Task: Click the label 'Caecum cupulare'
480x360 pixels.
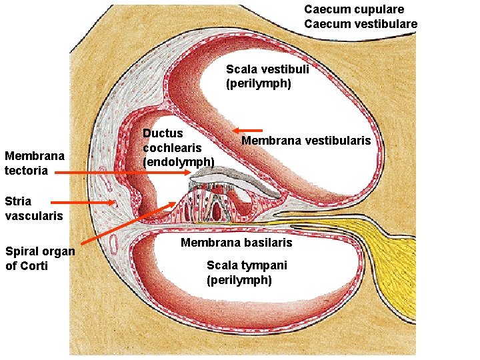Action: [354, 9]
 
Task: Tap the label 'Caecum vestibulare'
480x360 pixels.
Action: [361, 24]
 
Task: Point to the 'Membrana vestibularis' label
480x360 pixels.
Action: [306, 141]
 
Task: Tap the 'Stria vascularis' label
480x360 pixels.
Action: [33, 208]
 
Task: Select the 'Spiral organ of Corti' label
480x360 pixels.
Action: [39, 259]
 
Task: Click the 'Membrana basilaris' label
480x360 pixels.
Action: [236, 242]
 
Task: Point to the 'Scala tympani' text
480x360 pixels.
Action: [247, 265]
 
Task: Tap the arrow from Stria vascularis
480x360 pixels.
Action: [83, 203]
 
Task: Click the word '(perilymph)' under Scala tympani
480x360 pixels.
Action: [239, 280]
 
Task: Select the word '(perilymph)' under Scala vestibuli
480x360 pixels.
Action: [259, 84]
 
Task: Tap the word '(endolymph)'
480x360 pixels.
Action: [179, 161]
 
